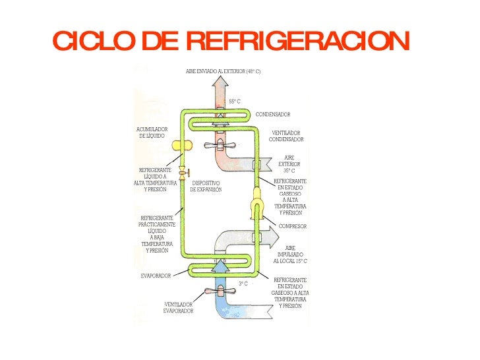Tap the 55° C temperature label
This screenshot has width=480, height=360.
pyautogui.click(x=235, y=102)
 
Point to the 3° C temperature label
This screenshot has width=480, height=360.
pyautogui.click(x=243, y=284)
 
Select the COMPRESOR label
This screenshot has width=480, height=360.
pyautogui.click(x=293, y=226)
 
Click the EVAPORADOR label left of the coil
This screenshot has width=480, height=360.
pyautogui.click(x=156, y=275)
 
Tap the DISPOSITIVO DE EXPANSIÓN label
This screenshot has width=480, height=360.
pyautogui.click(x=206, y=187)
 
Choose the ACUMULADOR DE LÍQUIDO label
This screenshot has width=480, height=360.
pyautogui.click(x=151, y=133)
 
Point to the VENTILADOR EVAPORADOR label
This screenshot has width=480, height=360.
pyautogui.click(x=178, y=307)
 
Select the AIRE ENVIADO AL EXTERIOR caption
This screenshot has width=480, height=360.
pyautogui.click(x=223, y=70)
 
